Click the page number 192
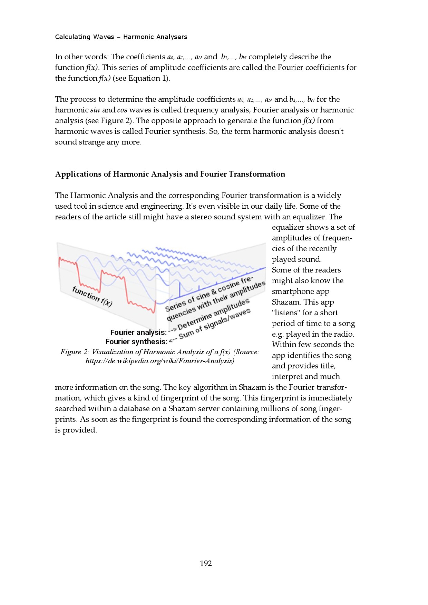(x=206, y=564)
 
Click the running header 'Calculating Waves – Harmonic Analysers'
(x=121, y=37)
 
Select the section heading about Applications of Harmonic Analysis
(x=170, y=174)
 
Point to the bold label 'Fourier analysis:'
(x=138, y=333)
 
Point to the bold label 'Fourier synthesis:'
(x=136, y=342)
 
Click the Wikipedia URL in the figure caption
(x=160, y=361)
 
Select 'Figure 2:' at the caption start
(x=75, y=352)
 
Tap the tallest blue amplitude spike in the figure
(x=180, y=289)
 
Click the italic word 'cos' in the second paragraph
(x=122, y=110)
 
